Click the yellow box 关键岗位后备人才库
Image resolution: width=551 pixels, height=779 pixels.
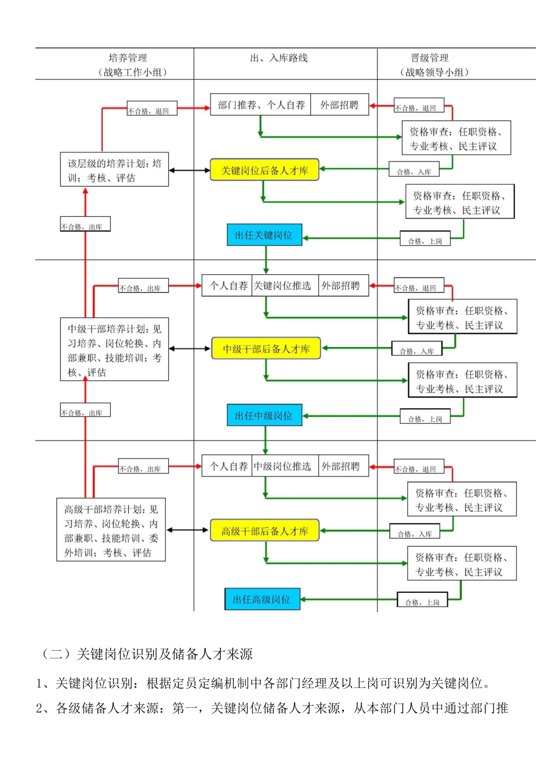point(264,170)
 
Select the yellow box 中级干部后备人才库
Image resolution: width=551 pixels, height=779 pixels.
point(266,348)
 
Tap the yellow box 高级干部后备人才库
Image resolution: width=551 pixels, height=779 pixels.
point(264,530)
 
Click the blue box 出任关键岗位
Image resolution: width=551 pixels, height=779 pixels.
point(264,235)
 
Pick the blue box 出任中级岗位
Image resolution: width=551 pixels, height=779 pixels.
point(264,415)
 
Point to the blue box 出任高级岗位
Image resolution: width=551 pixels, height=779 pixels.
point(262,599)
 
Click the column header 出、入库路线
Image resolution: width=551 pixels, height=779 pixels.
point(279,58)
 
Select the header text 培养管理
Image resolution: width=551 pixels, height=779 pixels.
point(128,58)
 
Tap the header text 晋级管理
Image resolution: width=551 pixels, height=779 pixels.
point(430,58)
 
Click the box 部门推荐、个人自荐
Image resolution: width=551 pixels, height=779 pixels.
point(260,104)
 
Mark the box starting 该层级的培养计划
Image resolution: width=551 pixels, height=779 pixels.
point(114,169)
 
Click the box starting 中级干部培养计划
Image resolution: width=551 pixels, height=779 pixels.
point(114,349)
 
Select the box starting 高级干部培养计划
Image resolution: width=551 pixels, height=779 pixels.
point(111,530)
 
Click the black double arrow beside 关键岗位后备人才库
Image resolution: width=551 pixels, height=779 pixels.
point(189,170)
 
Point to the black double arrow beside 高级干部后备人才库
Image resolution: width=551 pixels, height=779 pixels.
point(188,530)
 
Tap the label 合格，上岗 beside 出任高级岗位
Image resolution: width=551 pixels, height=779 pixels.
point(422,599)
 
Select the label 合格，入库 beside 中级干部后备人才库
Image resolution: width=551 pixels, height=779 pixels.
point(417,348)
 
